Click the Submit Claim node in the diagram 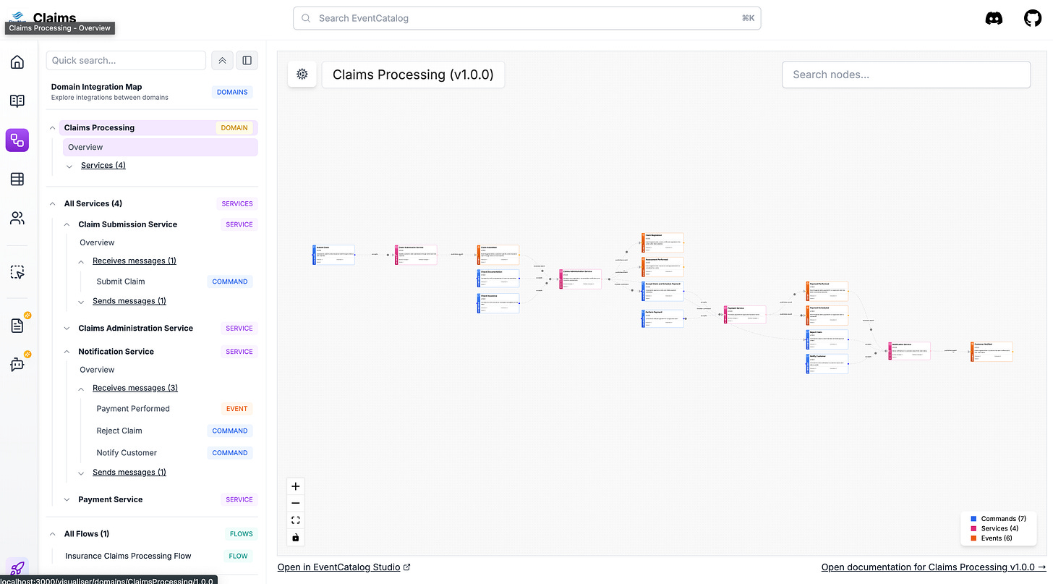point(334,255)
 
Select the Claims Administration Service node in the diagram point(580,279)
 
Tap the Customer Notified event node point(992,352)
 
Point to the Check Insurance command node point(498,303)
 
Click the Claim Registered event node point(662,242)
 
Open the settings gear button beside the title point(302,74)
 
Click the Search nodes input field point(905,75)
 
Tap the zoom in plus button point(295,486)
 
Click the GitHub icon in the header point(1033,19)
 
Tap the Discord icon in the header point(994,19)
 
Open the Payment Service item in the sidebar point(111,499)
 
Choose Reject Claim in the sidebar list point(119,431)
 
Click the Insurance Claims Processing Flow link point(128,556)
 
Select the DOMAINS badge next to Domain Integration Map point(232,92)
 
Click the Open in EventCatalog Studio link point(344,567)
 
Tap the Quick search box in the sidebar point(126,61)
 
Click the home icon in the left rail point(17,62)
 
